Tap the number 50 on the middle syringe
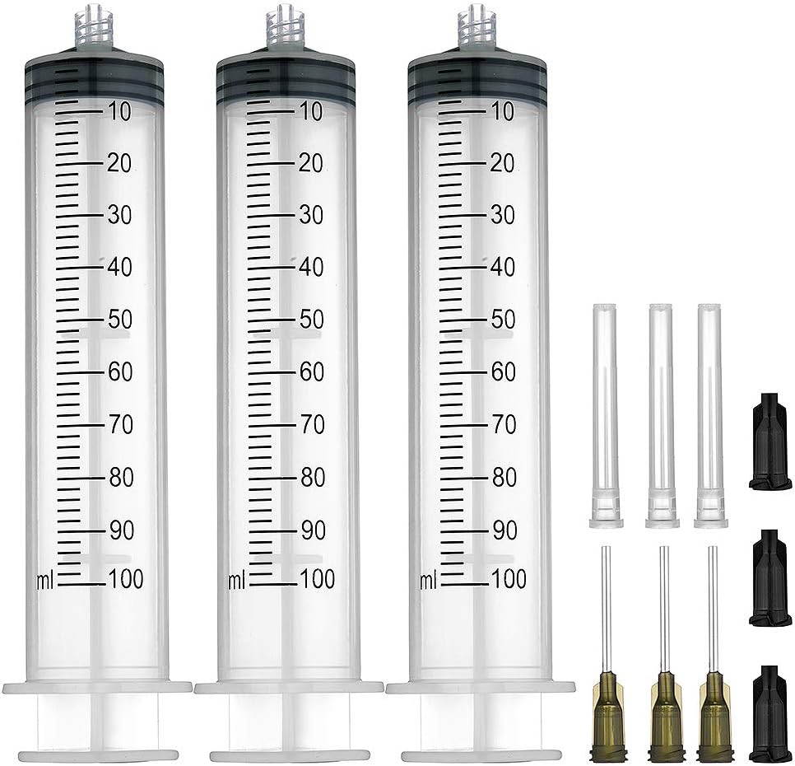click(312, 320)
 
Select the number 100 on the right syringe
click(509, 580)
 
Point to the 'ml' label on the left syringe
click(44, 581)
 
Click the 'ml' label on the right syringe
click(428, 581)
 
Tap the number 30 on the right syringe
click(502, 215)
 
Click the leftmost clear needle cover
click(605, 415)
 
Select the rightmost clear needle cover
click(710, 415)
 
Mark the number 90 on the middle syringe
click(312, 530)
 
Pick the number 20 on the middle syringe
click(310, 163)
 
